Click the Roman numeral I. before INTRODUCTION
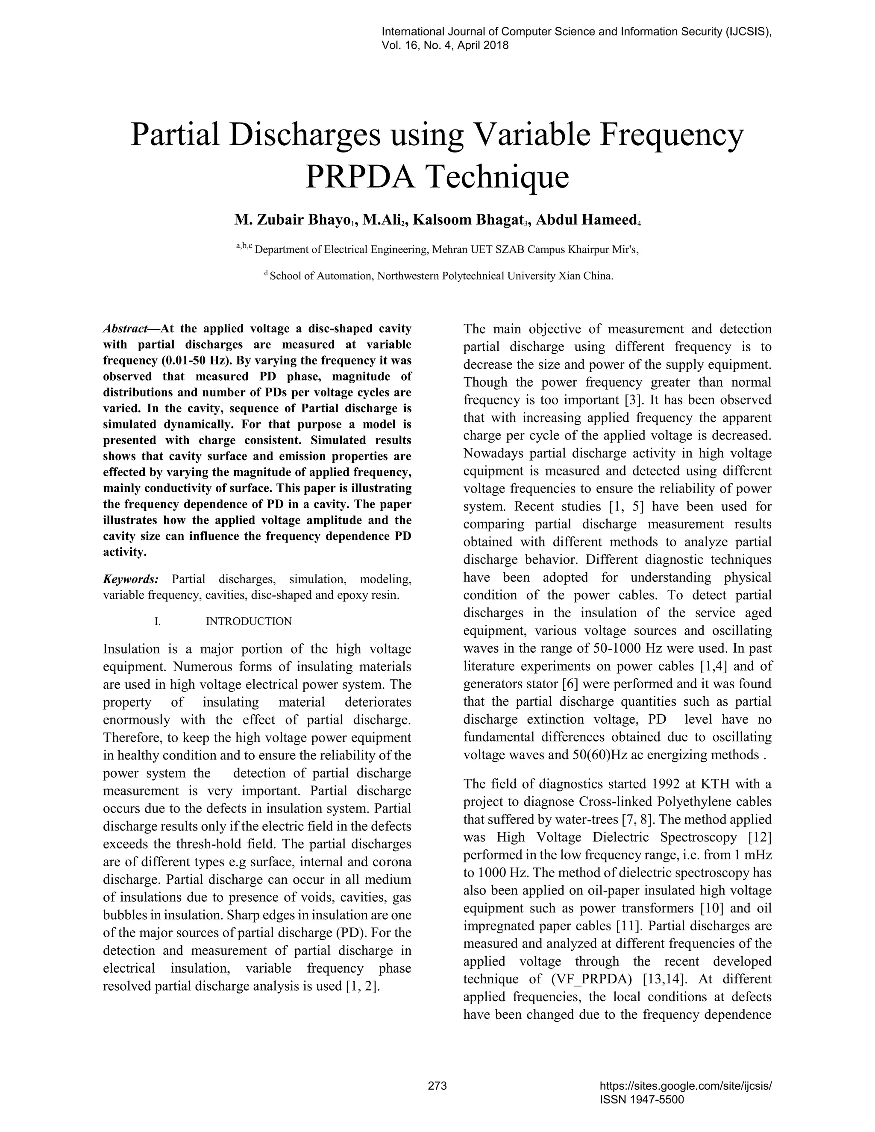pos(158,622)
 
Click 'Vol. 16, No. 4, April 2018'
pos(445,46)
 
